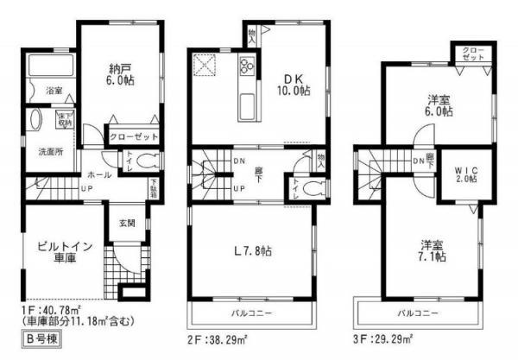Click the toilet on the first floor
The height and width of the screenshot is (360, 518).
tap(148, 161)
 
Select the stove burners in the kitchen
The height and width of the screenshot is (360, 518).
tap(248, 66)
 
